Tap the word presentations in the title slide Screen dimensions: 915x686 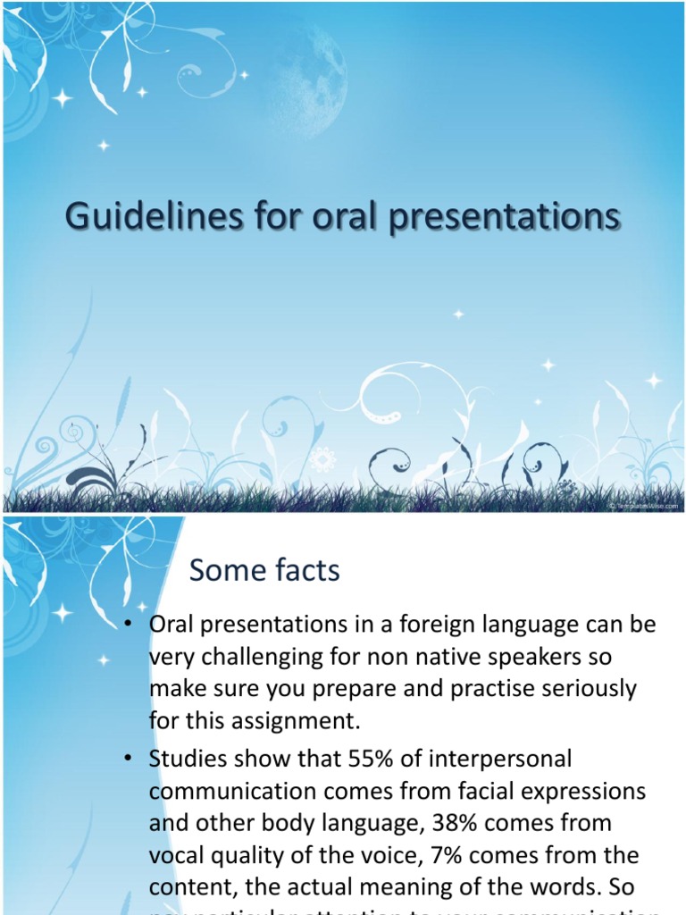click(x=503, y=217)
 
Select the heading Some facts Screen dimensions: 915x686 click(x=266, y=569)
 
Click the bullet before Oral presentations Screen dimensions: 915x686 click(x=130, y=625)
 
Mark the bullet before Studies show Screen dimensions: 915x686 click(x=130, y=760)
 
